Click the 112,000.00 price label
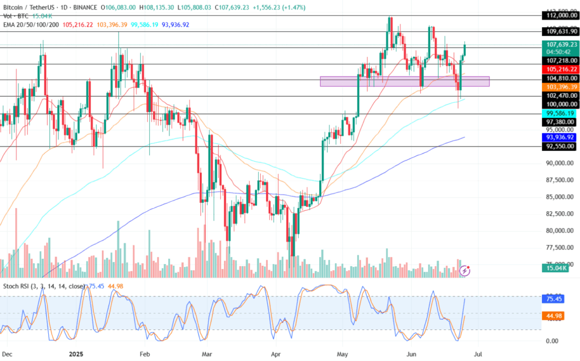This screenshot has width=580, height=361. [561, 16]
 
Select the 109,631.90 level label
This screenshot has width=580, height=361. [561, 32]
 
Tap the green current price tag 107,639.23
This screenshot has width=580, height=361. [561, 44]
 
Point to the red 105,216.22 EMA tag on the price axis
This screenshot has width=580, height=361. [561, 70]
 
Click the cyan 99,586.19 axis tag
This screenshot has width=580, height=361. [561, 113]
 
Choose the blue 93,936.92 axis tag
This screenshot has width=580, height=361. [561, 137]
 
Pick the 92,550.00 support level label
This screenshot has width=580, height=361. [561, 146]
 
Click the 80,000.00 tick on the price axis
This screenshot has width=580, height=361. [560, 231]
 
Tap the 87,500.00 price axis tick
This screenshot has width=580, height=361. [560, 180]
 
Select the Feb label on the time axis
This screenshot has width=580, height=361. [144, 354]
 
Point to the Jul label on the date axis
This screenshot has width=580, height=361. [479, 354]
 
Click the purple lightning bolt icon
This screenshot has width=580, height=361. [464, 271]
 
